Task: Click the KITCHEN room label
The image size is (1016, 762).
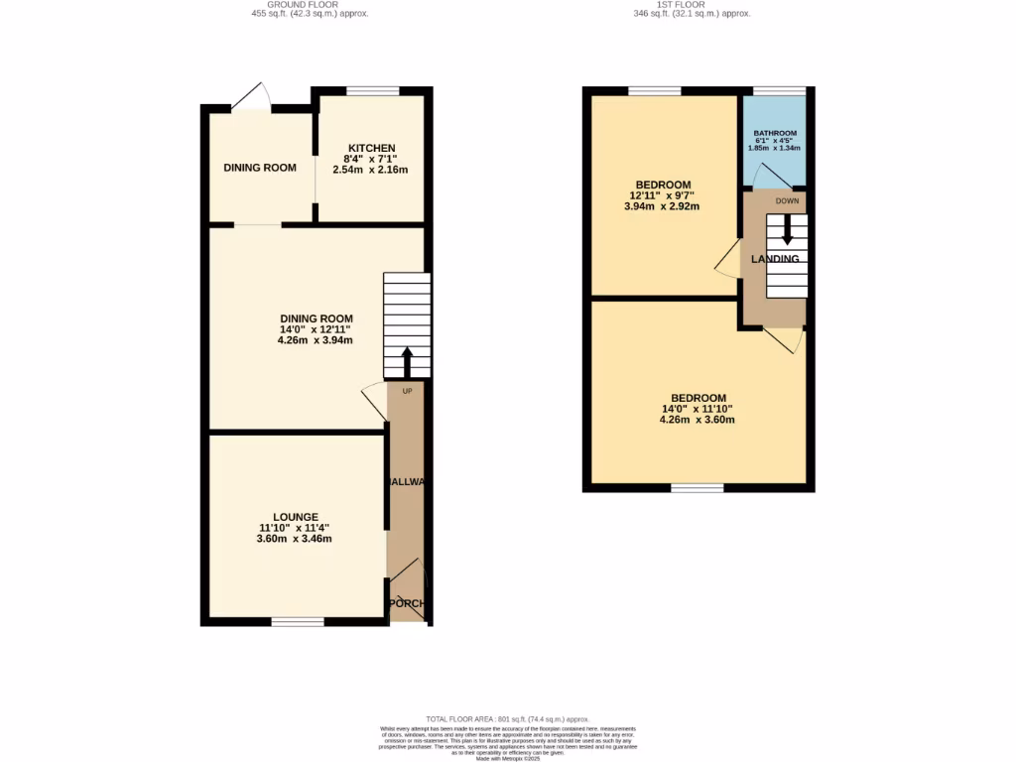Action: click(x=371, y=148)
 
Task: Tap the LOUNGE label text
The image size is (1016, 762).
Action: click(x=296, y=517)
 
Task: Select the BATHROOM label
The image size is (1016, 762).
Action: click(x=775, y=133)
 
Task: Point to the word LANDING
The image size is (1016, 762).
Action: click(x=775, y=259)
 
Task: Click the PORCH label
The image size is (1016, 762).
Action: click(x=406, y=603)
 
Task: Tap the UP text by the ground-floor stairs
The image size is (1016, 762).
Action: click(x=407, y=391)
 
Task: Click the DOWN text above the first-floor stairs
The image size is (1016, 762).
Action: click(x=788, y=201)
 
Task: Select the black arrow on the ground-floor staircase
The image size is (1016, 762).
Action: click(x=407, y=361)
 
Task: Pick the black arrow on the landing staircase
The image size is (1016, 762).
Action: click(x=788, y=230)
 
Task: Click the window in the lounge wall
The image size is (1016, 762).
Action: click(x=298, y=622)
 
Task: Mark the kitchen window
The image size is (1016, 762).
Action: click(x=373, y=91)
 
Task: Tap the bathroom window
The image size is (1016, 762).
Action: click(x=780, y=91)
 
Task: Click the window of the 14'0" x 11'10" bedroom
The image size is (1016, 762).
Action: click(x=697, y=488)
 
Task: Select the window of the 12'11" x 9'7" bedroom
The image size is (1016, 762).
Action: click(x=655, y=91)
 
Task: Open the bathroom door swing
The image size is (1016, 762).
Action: click(x=768, y=176)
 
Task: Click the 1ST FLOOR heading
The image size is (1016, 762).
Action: click(x=692, y=4)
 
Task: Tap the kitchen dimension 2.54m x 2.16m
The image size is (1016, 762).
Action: click(x=371, y=170)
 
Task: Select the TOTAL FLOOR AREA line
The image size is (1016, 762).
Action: click(x=508, y=718)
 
